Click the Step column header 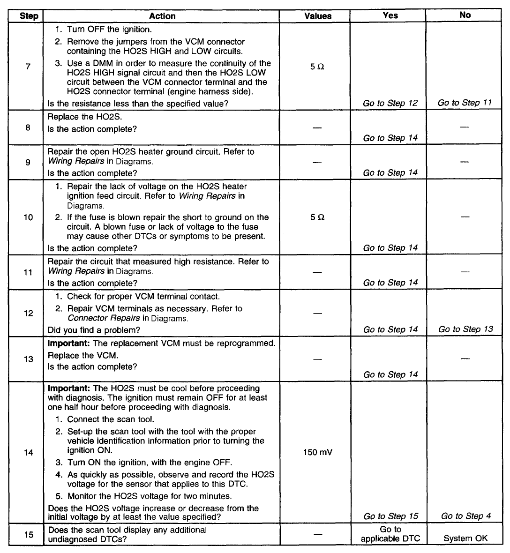[29, 16]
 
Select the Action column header [162, 16]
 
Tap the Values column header [318, 16]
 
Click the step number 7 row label [28, 67]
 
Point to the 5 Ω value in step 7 [317, 67]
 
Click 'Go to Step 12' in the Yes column [390, 103]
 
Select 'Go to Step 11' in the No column [465, 103]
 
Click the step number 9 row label [28, 162]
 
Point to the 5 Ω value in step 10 [317, 217]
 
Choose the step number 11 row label [28, 272]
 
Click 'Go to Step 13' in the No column [465, 329]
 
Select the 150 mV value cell [317, 453]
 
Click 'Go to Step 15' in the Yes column [390, 516]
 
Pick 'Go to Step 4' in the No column [465, 516]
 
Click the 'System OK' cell [465, 538]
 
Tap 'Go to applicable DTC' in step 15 [390, 534]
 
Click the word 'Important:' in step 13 [69, 343]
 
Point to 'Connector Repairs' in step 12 [104, 318]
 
